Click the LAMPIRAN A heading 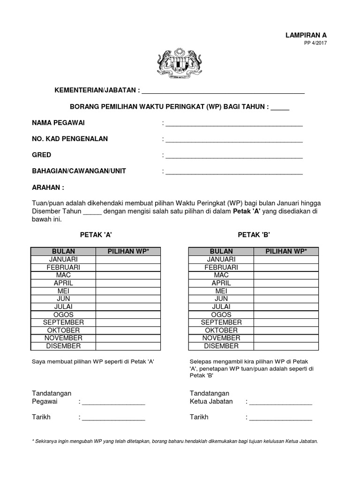click(306, 35)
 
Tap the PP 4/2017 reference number click(315, 43)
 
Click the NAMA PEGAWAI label click(59, 123)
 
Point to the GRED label click(42, 155)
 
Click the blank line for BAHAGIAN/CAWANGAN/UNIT click(233, 173)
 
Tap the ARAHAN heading click(48, 187)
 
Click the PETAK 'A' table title click(96, 234)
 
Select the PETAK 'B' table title click(254, 234)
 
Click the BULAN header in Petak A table click(63, 251)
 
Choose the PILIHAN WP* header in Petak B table click(286, 251)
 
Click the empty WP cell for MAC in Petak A click(128, 275)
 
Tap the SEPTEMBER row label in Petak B click(221, 322)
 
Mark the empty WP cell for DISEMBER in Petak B click(286, 346)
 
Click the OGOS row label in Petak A click(63, 315)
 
